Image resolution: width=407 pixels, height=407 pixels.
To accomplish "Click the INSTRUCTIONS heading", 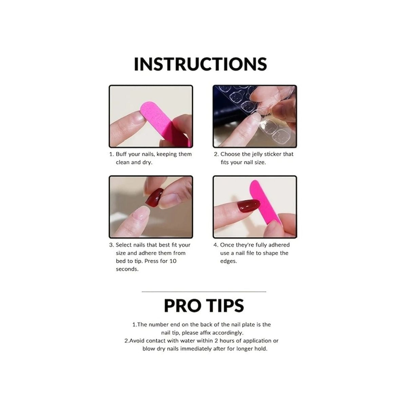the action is (x=200, y=64).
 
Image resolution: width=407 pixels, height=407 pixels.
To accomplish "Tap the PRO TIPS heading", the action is (x=204, y=305).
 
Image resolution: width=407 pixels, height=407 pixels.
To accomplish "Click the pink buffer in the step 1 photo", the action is (x=163, y=122).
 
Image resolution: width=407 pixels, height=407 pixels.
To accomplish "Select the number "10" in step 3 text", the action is (x=173, y=261).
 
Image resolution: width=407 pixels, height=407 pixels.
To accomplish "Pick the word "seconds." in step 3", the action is (x=127, y=269).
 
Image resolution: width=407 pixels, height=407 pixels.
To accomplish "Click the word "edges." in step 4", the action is (x=229, y=261).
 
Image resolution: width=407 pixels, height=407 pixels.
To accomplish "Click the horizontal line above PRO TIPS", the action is (x=204, y=292).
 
